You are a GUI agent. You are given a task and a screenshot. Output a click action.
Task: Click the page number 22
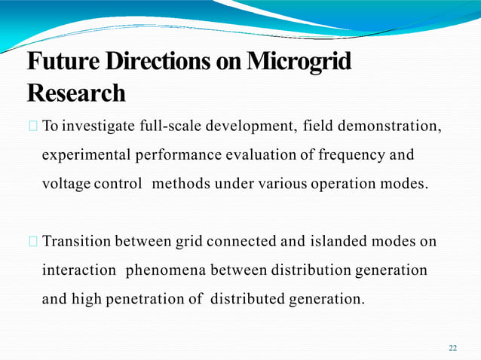tap(452, 347)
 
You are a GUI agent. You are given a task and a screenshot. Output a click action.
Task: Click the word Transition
tap(76, 242)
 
